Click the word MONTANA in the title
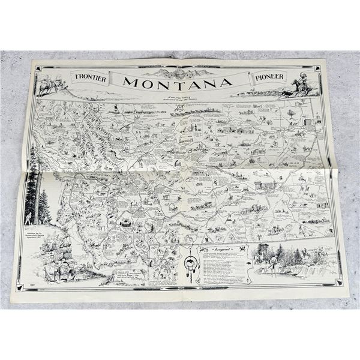[180, 83]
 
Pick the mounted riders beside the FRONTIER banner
[49, 86]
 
